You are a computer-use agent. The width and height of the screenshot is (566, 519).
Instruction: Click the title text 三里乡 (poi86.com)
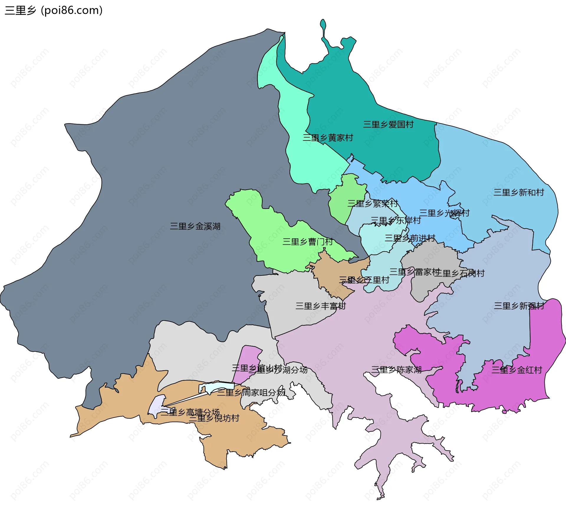(54, 11)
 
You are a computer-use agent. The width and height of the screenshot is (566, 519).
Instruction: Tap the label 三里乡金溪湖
(195, 226)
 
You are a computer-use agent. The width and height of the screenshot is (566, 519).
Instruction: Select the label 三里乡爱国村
(388, 124)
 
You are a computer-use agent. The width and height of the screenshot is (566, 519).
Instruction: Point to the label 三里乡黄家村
(328, 138)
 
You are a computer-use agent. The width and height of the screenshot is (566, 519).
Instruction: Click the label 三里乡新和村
(519, 192)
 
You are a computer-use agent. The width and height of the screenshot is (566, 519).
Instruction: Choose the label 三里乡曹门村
(307, 242)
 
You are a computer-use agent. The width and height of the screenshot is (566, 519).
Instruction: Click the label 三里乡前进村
(410, 238)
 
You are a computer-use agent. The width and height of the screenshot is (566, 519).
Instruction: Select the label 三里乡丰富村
(320, 306)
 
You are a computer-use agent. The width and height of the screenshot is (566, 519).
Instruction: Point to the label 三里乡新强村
(519, 306)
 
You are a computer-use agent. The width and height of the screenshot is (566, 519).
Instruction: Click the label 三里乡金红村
(516, 370)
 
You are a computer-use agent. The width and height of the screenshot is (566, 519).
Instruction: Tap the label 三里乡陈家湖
(396, 370)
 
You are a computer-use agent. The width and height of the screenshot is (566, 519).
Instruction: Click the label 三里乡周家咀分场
(251, 392)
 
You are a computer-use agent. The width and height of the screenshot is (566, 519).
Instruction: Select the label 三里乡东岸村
(396, 220)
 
